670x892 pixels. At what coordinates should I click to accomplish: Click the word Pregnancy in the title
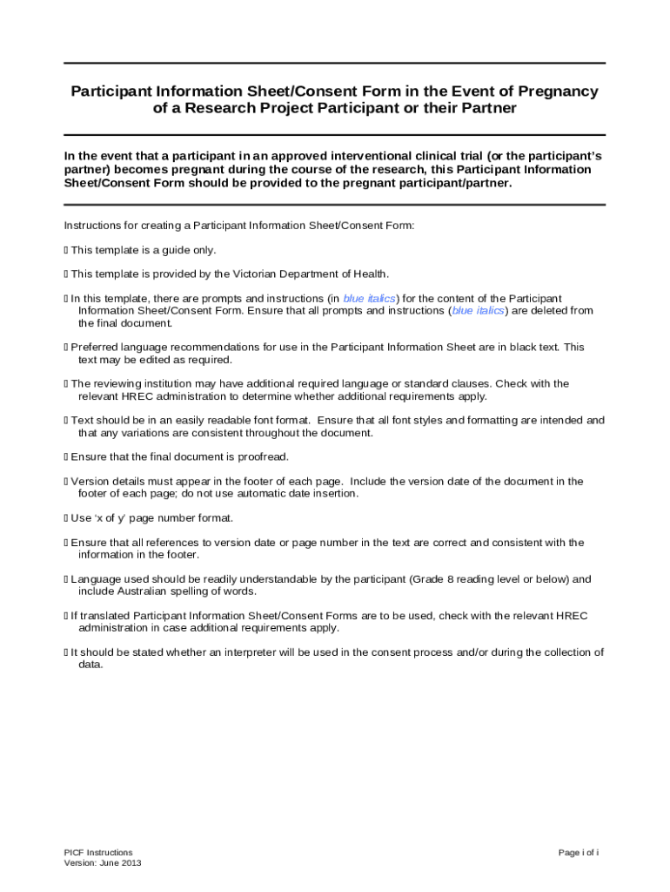(557, 91)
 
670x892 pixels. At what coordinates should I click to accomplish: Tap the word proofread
(262, 457)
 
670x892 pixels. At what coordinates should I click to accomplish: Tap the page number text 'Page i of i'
(579, 853)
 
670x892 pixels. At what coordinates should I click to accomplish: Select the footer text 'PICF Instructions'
(98, 853)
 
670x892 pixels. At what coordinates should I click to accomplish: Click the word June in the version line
(110, 863)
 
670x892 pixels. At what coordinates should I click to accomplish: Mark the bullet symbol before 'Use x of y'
(66, 518)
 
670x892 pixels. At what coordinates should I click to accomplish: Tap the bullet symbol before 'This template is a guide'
(66, 250)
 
